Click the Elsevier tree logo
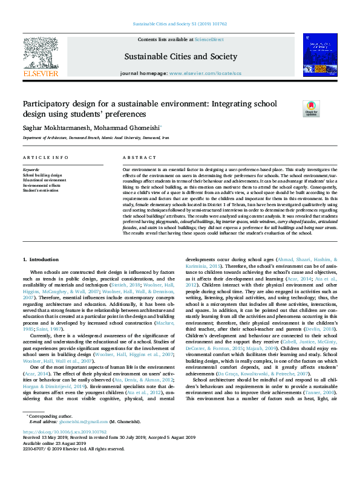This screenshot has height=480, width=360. [x=41, y=57]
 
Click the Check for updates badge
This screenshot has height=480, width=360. [x=311, y=108]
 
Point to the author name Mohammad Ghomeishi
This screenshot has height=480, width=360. [x=126, y=128]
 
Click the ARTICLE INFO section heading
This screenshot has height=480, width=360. [x=45, y=157]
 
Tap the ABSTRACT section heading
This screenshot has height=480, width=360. [x=135, y=157]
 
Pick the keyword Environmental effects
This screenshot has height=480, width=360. [x=44, y=185]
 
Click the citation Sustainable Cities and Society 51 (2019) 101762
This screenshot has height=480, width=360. [x=179, y=25]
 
